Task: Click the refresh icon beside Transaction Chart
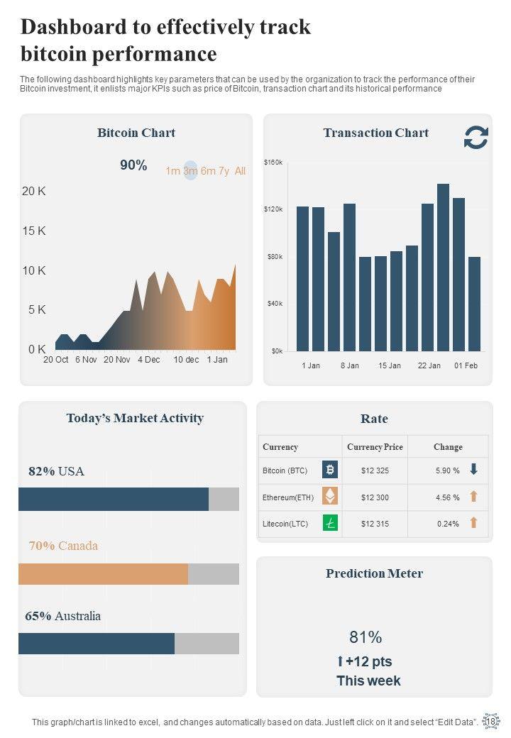476,138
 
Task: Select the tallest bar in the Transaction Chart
443,267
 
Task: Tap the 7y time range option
224,171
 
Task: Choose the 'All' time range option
240,171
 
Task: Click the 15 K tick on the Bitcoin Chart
34,231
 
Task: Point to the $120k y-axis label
274,209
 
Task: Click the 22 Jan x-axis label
429,365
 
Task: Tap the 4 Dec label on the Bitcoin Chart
149,360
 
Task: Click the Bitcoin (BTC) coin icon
330,470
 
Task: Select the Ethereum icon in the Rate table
330,497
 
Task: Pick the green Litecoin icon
330,524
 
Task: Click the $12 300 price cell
375,497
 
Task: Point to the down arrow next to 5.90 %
473,470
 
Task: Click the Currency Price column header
375,447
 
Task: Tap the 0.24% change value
448,524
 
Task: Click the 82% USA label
56,471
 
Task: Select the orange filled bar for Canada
104,574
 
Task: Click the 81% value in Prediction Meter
366,637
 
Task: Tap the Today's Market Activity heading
135,418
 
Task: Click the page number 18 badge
491,721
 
